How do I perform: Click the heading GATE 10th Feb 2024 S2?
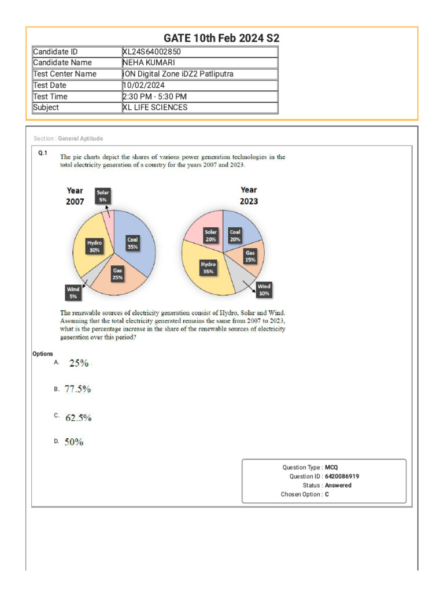click(221, 38)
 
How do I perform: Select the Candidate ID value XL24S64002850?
click(156, 51)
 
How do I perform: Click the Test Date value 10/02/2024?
click(144, 85)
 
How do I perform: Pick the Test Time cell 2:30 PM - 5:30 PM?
click(154, 97)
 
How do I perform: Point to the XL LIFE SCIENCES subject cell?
click(155, 108)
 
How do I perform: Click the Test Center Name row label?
click(65, 74)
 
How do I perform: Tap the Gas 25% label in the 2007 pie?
click(117, 274)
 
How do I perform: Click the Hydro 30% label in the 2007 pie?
click(94, 247)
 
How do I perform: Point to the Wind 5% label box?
click(73, 293)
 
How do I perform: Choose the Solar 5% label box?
click(102, 196)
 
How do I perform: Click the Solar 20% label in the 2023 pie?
click(210, 235)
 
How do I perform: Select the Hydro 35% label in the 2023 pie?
click(208, 268)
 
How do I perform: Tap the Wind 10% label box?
click(264, 290)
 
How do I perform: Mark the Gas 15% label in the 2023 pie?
click(250, 256)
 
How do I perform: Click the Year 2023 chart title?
click(249, 195)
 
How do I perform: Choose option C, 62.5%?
click(78, 417)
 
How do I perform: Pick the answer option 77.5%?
click(77, 390)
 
